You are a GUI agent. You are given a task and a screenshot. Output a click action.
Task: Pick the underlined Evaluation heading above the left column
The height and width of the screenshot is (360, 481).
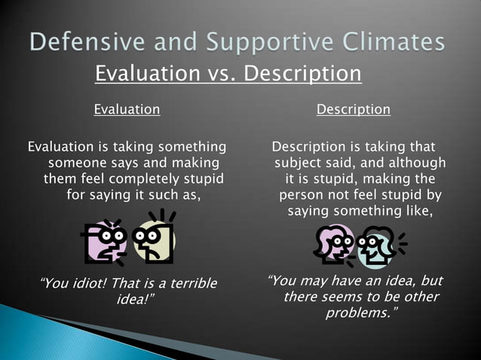click(127, 109)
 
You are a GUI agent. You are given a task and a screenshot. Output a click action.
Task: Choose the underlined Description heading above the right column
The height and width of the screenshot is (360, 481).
click(354, 109)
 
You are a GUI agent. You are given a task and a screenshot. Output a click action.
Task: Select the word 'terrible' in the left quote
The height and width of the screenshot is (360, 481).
click(188, 284)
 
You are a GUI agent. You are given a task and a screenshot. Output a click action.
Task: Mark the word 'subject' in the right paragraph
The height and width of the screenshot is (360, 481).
click(299, 163)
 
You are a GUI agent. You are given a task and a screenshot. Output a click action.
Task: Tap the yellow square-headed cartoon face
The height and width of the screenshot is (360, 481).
click(154, 239)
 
